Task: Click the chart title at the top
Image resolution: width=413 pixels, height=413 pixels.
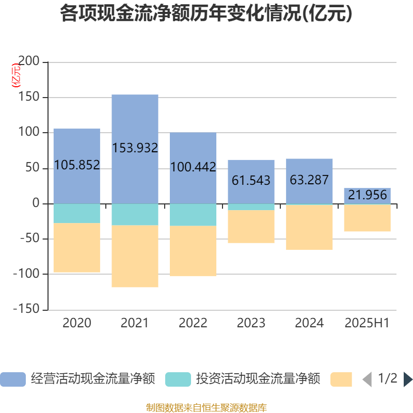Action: point(206,13)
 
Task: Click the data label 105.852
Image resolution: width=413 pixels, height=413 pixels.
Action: point(77,165)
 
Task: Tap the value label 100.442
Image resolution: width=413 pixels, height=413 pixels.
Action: point(193,167)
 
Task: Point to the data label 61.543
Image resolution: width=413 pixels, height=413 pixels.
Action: point(251,181)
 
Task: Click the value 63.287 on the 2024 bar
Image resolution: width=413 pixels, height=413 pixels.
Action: point(309,180)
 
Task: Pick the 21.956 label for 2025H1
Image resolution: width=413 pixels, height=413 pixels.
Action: point(367,195)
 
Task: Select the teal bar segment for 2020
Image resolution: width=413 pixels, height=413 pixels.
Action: point(77,213)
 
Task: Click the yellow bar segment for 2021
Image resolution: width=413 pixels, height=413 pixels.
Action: point(135,256)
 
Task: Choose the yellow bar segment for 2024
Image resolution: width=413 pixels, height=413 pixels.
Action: point(309,228)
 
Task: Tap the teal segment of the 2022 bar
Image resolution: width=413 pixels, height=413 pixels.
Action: point(193,215)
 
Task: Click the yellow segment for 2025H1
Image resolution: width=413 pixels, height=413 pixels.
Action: point(367,218)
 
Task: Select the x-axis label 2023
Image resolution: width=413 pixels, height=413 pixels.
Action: point(251,323)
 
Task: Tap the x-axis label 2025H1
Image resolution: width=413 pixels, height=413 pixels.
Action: point(367,323)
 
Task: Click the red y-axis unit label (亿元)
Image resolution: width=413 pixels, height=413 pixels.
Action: point(17,75)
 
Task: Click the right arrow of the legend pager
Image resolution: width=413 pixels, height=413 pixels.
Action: point(408,379)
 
